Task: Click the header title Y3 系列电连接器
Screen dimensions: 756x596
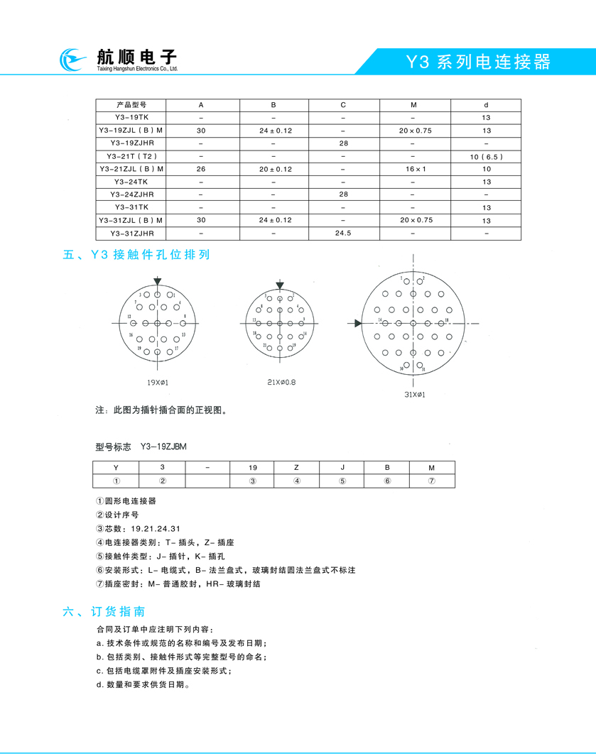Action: tap(477, 62)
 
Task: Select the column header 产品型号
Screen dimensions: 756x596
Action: tap(131, 105)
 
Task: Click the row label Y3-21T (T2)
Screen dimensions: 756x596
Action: tap(131, 156)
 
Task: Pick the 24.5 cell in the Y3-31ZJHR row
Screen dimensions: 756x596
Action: tap(343, 233)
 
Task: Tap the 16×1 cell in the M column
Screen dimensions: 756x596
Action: tap(414, 169)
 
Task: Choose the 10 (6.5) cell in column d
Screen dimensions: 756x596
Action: tap(486, 156)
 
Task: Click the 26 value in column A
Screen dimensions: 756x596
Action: tap(201, 169)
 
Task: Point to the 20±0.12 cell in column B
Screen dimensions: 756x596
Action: tap(274, 169)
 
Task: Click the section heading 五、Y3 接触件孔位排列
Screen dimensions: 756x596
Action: tap(136, 254)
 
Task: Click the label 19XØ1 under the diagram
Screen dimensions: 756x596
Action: tap(157, 383)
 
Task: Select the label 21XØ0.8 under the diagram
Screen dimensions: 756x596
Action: tap(281, 383)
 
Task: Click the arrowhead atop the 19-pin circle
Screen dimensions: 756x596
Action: tap(157, 282)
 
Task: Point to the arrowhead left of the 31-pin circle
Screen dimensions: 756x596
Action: tap(359, 323)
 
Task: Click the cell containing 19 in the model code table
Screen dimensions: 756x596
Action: tap(252, 468)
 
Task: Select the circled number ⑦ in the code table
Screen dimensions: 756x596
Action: tap(431, 481)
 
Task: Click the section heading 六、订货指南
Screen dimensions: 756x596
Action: tap(104, 610)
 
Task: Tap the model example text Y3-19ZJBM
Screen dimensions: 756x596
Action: tap(163, 447)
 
